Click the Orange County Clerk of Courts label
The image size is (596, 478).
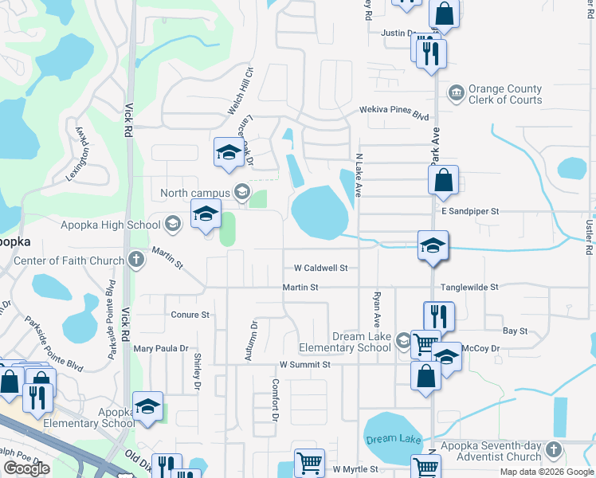pos(505,94)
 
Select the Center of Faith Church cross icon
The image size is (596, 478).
pos(136,260)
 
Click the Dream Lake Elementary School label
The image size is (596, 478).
pos(345,343)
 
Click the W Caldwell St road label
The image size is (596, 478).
pos(320,268)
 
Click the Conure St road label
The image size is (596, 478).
pos(190,315)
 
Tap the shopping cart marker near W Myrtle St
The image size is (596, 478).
pos(309,462)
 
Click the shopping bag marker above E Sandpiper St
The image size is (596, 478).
pos(444,180)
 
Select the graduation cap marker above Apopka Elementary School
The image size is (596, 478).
pos(147,406)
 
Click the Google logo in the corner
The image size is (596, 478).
pos(26,468)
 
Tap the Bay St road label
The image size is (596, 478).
pos(516,331)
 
